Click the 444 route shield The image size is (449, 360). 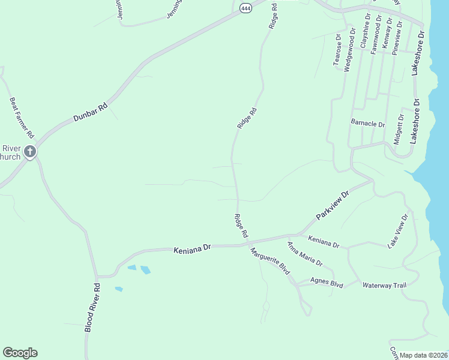(246, 8)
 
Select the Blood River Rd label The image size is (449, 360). (92, 309)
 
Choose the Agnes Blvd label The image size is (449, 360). (327, 282)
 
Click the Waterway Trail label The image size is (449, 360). (384, 284)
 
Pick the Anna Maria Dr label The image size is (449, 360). (305, 254)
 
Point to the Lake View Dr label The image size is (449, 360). (398, 230)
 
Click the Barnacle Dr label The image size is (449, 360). (367, 124)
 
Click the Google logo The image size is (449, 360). (20, 353)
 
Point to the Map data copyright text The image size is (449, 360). (424, 355)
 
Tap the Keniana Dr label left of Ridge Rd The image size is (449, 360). (193, 247)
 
